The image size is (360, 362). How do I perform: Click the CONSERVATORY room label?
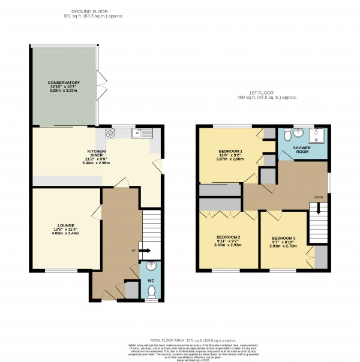pyautogui.click(x=65, y=82)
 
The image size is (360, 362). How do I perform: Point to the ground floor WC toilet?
pyautogui.click(x=151, y=291)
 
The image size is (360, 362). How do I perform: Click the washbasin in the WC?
pyautogui.click(x=151, y=267)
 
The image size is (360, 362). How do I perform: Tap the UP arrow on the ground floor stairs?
pyautogui.click(x=144, y=252)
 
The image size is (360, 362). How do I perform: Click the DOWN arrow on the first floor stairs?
pyautogui.click(x=318, y=209)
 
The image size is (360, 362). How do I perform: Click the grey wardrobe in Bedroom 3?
pyautogui.click(x=321, y=257)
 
